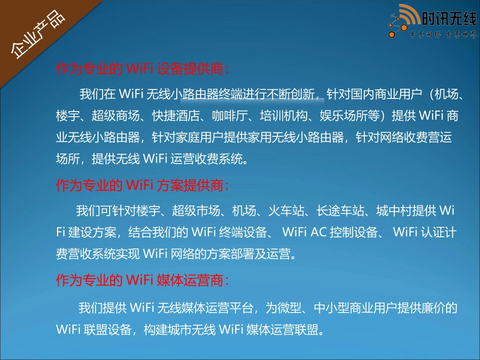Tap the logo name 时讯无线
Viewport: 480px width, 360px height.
pyautogui.click(x=449, y=20)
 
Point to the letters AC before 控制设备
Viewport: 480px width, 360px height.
pyautogui.click(x=318, y=232)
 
